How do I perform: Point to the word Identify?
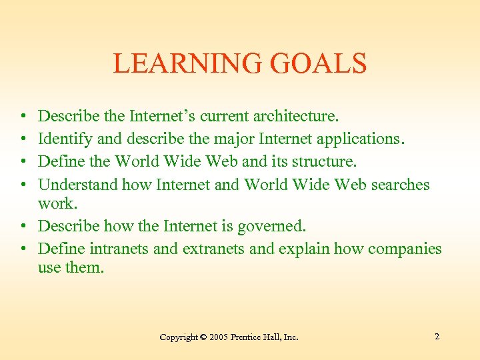coord(65,139)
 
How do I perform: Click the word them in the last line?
coord(86,269)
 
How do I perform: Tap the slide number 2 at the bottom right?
coord(437,337)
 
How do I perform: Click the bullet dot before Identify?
coord(23,139)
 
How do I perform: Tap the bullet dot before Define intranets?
coord(23,249)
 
